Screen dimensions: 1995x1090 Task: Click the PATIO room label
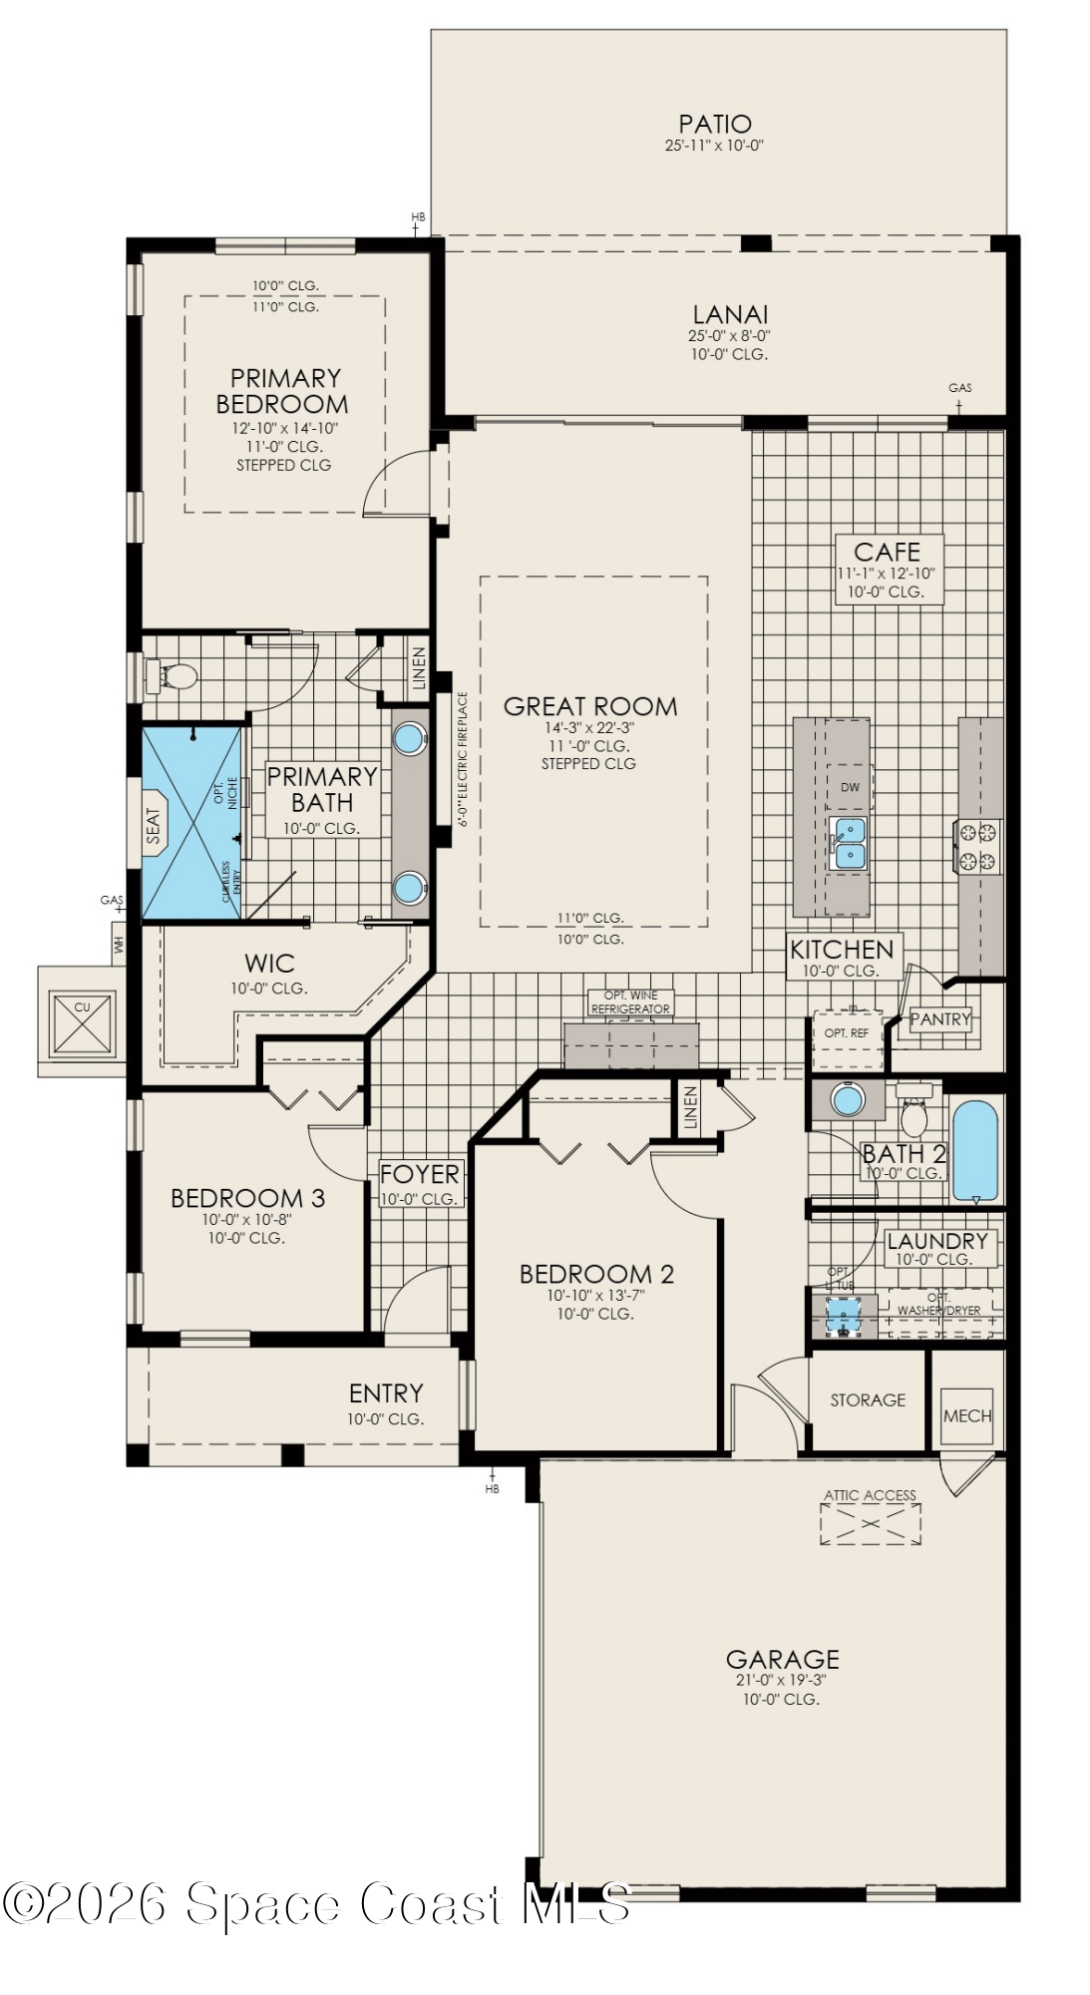click(x=714, y=124)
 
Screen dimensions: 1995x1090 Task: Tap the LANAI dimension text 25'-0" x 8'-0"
click(x=729, y=336)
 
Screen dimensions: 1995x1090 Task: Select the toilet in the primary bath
click(x=176, y=676)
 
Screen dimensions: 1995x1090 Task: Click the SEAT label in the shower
click(x=153, y=826)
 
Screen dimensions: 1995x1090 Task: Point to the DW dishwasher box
click(x=850, y=787)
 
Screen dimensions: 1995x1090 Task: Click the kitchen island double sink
click(x=850, y=843)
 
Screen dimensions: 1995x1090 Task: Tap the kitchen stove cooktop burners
click(x=977, y=847)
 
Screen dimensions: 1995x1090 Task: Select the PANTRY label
click(x=939, y=1019)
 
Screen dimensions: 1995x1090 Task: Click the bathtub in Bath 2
click(x=974, y=1150)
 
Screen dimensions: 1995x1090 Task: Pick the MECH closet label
click(x=967, y=1415)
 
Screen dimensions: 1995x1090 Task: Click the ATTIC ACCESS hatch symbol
click(x=870, y=1524)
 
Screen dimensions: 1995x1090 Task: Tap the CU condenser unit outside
click(x=82, y=1022)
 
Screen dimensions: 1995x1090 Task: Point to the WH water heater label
click(x=120, y=944)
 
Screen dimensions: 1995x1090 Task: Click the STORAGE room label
click(x=868, y=1399)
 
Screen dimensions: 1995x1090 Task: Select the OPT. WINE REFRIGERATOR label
click(x=630, y=1002)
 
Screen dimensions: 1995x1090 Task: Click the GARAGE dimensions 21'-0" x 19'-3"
click(x=781, y=1680)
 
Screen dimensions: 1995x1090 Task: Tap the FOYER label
click(x=419, y=1174)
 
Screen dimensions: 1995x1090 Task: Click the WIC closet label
click(x=269, y=964)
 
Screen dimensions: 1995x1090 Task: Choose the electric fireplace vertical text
click(x=463, y=760)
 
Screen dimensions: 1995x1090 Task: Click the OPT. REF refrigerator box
click(x=846, y=1033)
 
